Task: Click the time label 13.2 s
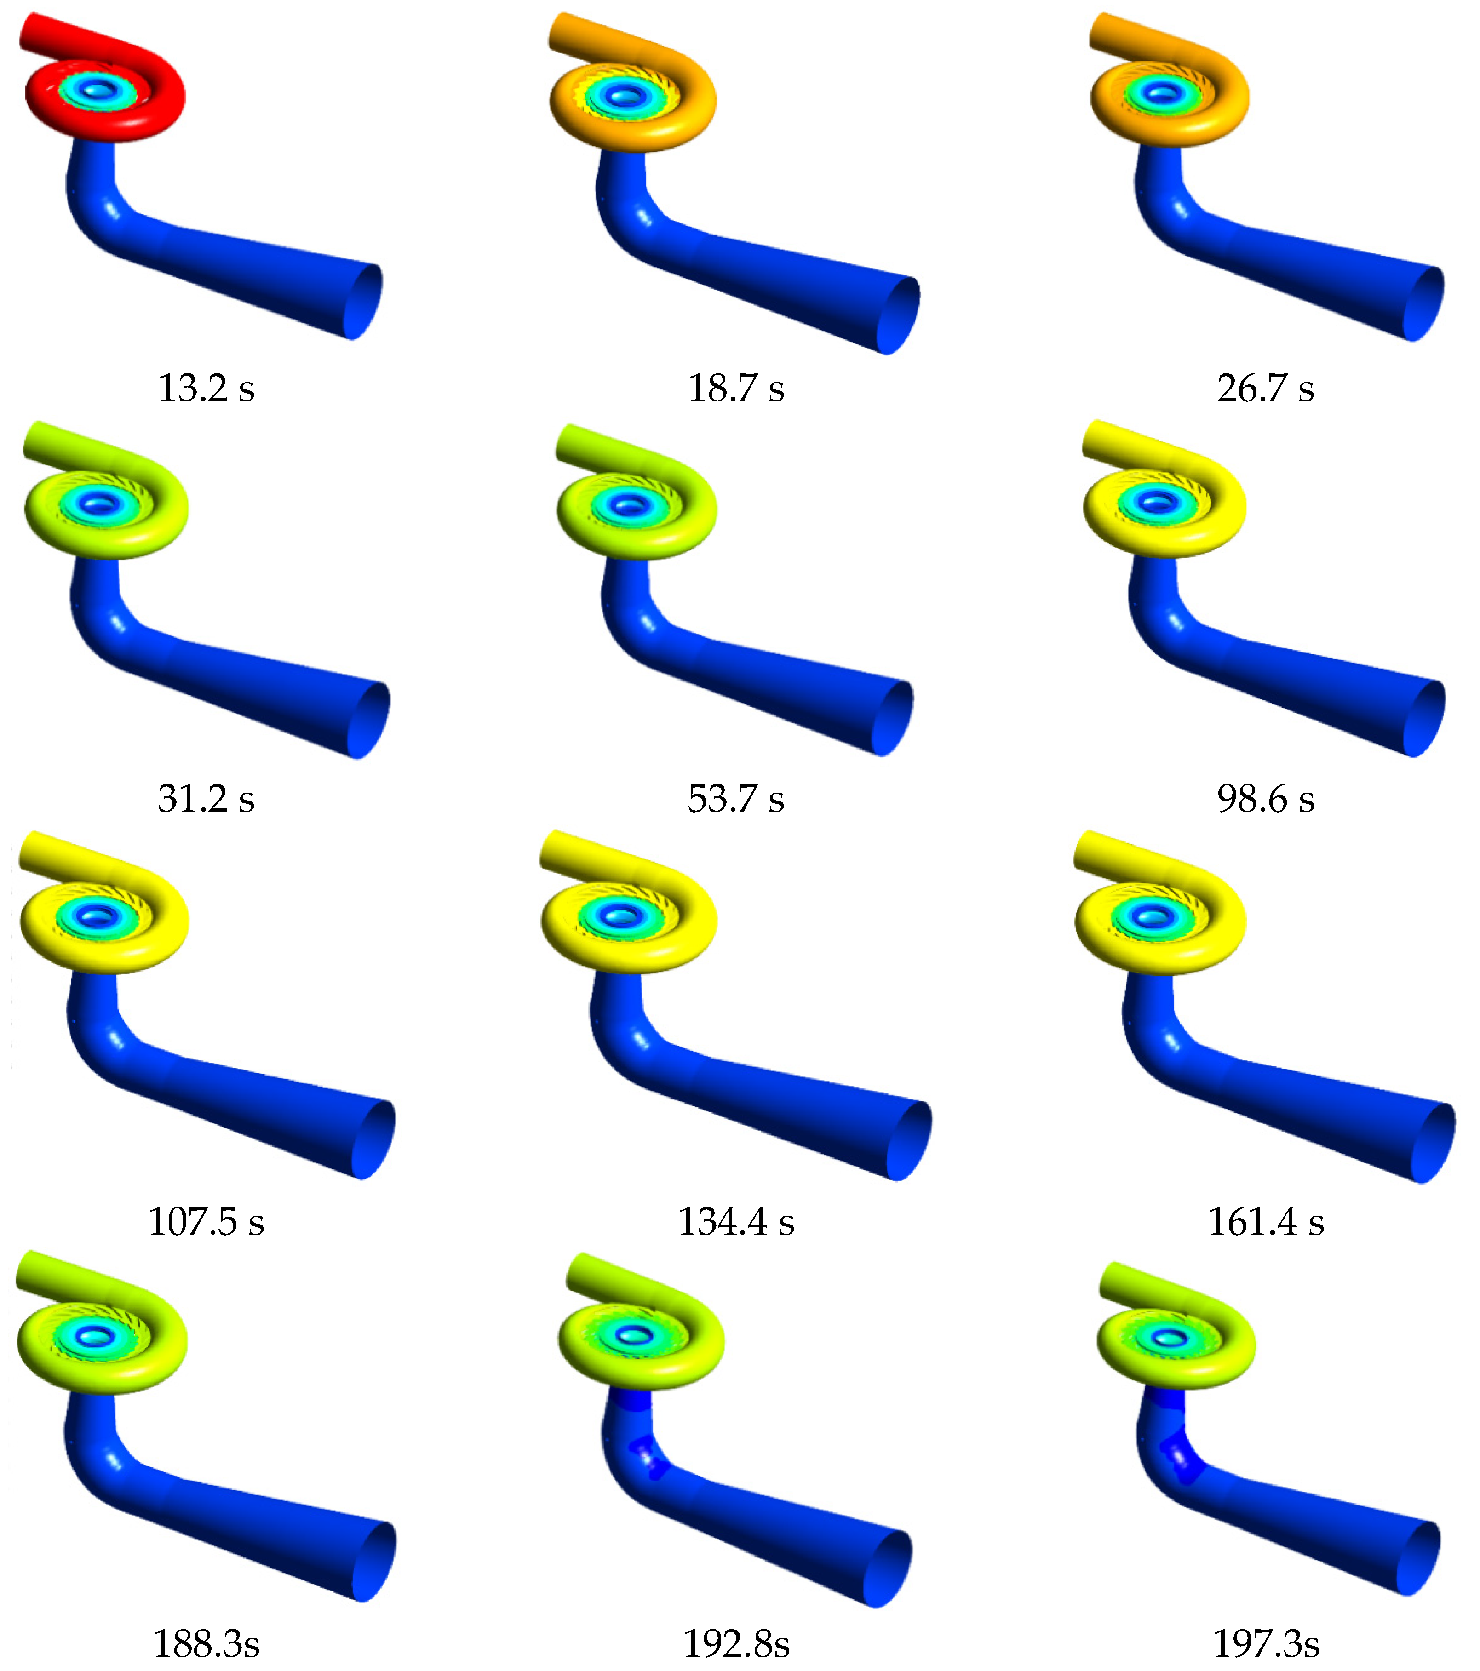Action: click(206, 388)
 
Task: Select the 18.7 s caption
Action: click(736, 388)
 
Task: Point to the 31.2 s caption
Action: click(206, 799)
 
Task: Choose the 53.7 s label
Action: click(736, 799)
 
